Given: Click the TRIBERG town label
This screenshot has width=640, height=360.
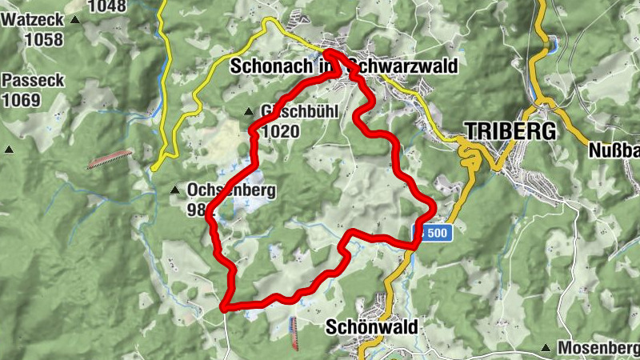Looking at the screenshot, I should pos(510,131).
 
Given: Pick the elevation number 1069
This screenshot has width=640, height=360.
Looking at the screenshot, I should pos(21,100).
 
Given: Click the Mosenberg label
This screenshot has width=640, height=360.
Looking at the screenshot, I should pos(598,348).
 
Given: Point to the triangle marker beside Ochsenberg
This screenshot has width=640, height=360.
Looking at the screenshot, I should pos(174,190).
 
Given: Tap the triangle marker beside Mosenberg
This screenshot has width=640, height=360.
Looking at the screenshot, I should pos(546,348).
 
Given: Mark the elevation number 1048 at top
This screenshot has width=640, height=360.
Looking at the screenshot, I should pos(108,6).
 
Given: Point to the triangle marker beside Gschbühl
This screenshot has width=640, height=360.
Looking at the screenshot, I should pos(248,111).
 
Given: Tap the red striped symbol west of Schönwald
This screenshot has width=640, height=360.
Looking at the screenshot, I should pos(294,333).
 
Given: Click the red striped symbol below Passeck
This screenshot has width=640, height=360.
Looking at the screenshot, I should pos(110,159).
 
